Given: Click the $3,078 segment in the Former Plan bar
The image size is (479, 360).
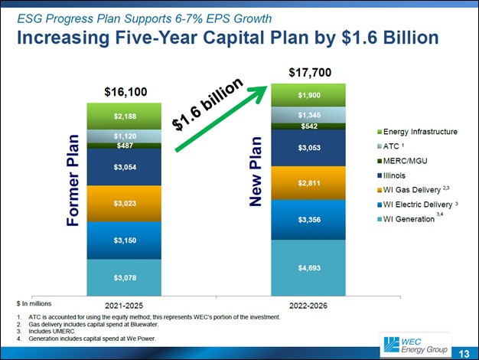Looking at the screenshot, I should click(x=125, y=277).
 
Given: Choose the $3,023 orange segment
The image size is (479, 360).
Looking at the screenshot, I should click(x=125, y=203).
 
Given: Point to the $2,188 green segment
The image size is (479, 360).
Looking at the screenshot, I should click(x=125, y=116).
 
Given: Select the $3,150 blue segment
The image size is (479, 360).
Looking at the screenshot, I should click(x=125, y=240).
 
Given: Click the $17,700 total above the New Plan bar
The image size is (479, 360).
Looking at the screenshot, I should click(x=310, y=72).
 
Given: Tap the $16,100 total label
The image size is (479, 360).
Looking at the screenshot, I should click(x=125, y=92).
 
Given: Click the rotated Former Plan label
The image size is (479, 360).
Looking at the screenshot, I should click(x=73, y=181).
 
